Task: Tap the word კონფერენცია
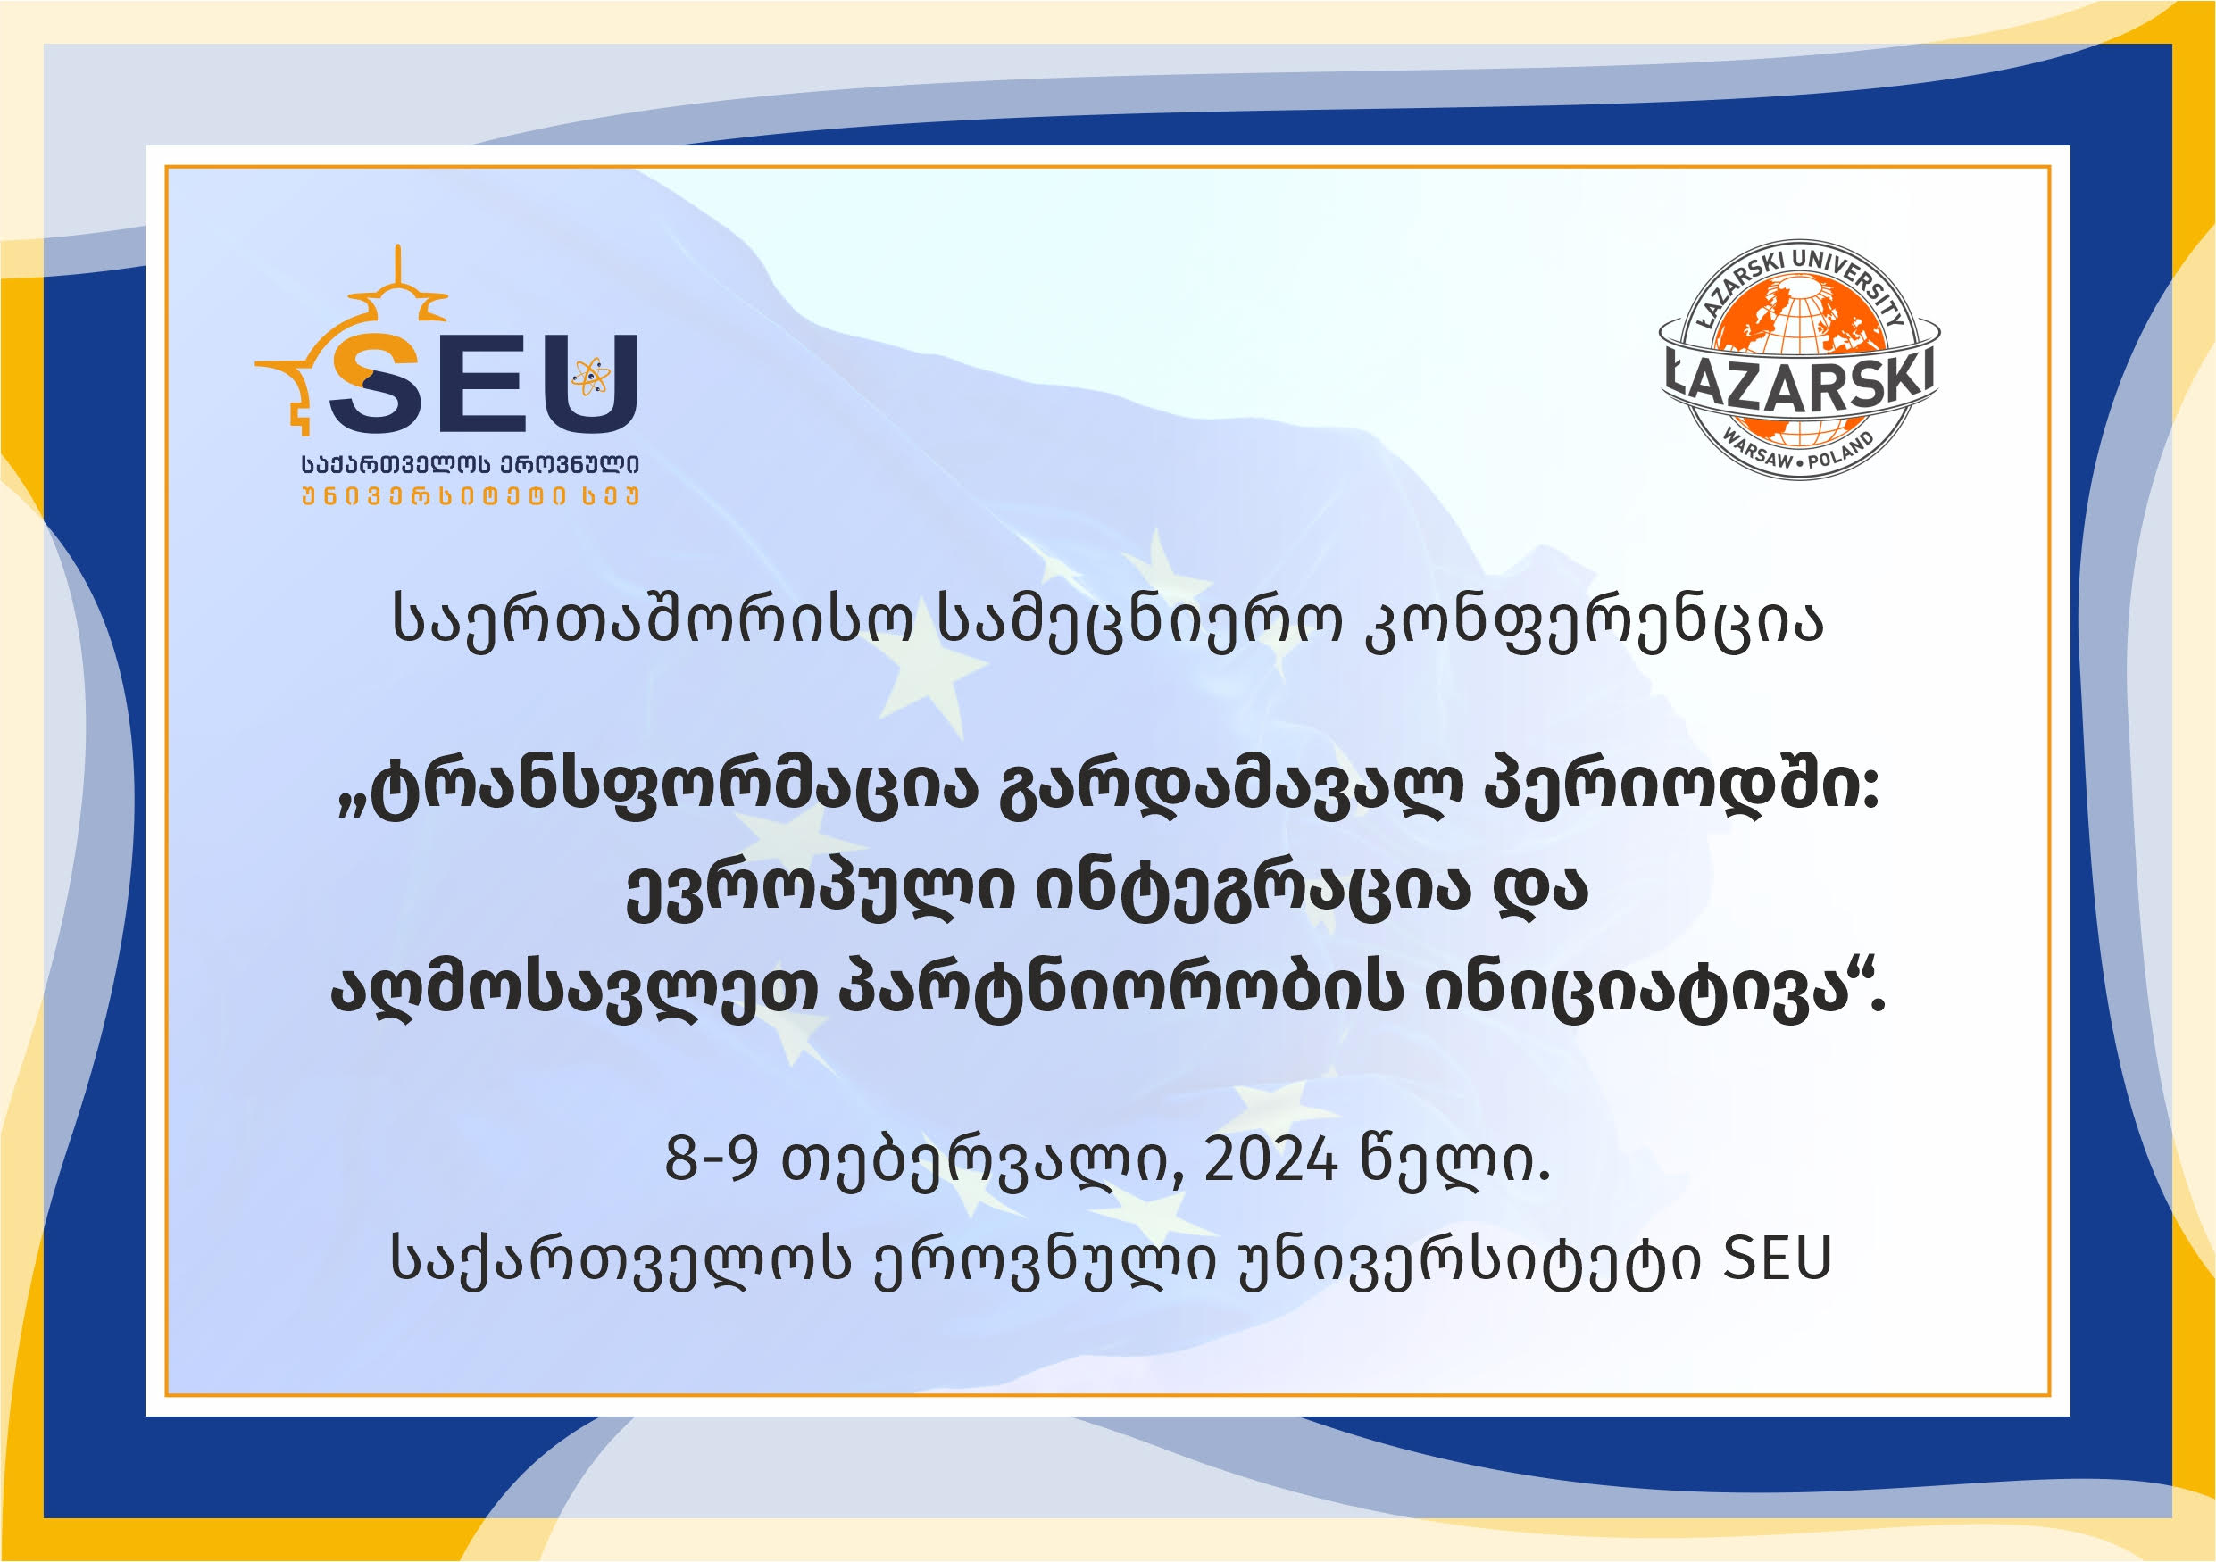click(x=1594, y=619)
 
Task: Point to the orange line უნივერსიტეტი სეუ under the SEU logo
click(x=471, y=497)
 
